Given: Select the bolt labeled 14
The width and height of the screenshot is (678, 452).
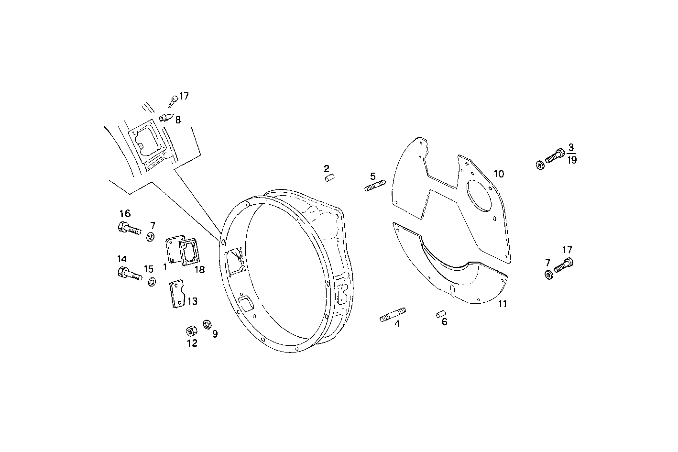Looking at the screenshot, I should (129, 274).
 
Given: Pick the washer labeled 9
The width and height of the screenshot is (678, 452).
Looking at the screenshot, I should (208, 324).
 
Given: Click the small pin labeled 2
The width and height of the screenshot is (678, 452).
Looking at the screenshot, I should (329, 178).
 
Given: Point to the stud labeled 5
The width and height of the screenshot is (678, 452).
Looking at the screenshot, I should (375, 186).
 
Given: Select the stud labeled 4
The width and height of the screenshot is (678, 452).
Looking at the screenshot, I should (393, 316).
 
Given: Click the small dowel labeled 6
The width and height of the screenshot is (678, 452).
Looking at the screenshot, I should (441, 314).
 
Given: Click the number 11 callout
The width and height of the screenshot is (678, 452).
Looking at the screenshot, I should (502, 304).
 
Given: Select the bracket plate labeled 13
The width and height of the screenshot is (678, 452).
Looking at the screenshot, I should (176, 294).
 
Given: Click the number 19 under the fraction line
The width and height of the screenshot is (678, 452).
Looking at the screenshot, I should (571, 161).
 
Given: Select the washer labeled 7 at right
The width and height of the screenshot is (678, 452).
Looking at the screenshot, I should (548, 276).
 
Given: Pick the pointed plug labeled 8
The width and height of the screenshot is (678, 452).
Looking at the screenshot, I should (165, 117).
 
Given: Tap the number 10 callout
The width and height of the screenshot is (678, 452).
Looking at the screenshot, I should (499, 174).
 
